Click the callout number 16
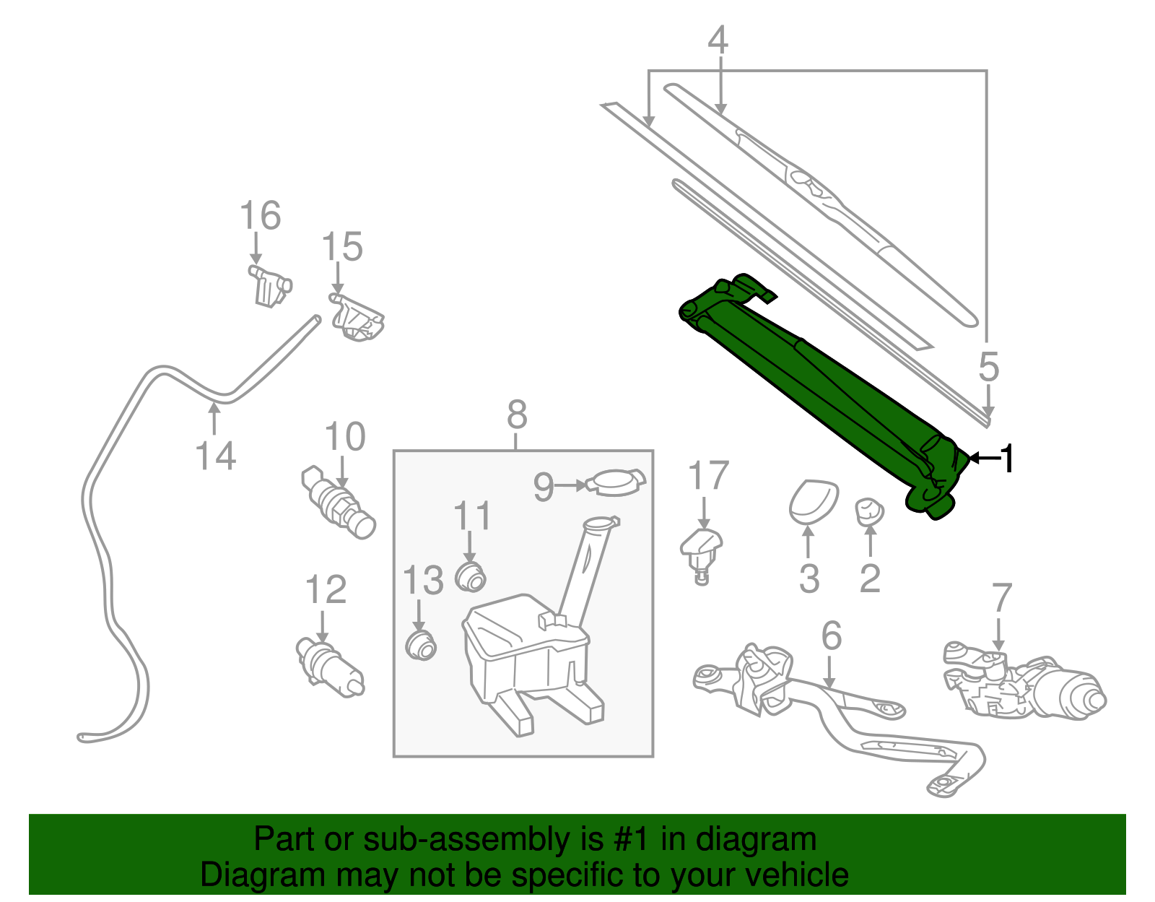260,216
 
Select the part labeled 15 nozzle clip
357,318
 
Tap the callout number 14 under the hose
215,456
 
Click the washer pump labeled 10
338,502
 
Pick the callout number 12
326,590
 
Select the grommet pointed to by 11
471,576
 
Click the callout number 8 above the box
517,416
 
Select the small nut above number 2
870,511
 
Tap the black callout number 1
1008,459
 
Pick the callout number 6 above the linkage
832,636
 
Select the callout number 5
988,367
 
